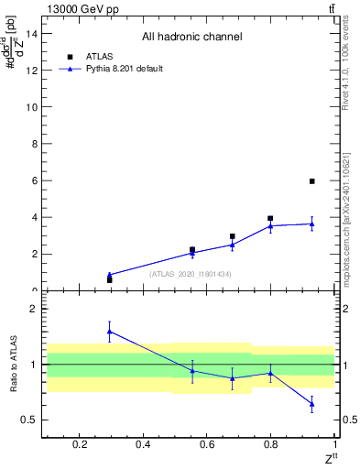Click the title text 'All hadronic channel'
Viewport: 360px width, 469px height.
[x=191, y=38]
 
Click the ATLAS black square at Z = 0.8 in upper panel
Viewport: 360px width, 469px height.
[x=270, y=219]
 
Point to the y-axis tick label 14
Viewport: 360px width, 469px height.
[x=31, y=33]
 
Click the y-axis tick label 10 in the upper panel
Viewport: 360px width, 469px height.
[x=31, y=107]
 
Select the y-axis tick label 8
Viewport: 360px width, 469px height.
[x=34, y=144]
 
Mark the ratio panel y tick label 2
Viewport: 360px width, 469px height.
[x=34, y=310]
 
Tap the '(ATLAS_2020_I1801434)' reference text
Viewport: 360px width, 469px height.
[x=191, y=274]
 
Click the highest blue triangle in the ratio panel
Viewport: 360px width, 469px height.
[x=110, y=332]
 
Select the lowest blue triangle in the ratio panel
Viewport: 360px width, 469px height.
[x=312, y=403]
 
